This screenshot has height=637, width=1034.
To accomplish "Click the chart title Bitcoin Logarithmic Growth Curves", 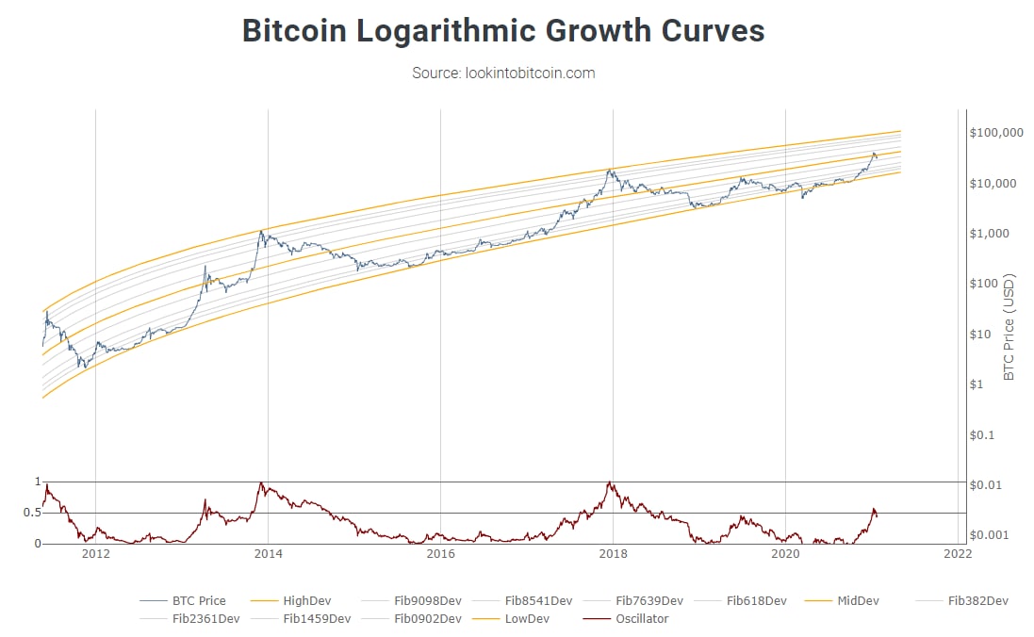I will (x=503, y=30).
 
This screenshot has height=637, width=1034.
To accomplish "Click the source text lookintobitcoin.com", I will (x=503, y=73).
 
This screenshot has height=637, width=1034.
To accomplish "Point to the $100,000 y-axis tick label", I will (x=995, y=132).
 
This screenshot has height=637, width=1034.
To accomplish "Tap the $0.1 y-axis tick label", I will (x=983, y=435).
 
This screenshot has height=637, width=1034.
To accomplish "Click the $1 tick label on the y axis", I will (x=977, y=384).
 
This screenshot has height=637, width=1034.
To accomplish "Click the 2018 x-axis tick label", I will (x=613, y=554).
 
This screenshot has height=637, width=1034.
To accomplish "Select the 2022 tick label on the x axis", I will (x=958, y=554).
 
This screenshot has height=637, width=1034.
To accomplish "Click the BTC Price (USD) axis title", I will (x=1009, y=327).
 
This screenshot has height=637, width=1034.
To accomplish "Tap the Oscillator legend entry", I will (x=641, y=619).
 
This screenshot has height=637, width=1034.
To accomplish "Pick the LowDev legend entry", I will (x=526, y=619).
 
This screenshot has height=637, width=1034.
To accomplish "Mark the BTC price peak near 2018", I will (x=611, y=170).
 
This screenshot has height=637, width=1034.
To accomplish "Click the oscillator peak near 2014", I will (x=261, y=483).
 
